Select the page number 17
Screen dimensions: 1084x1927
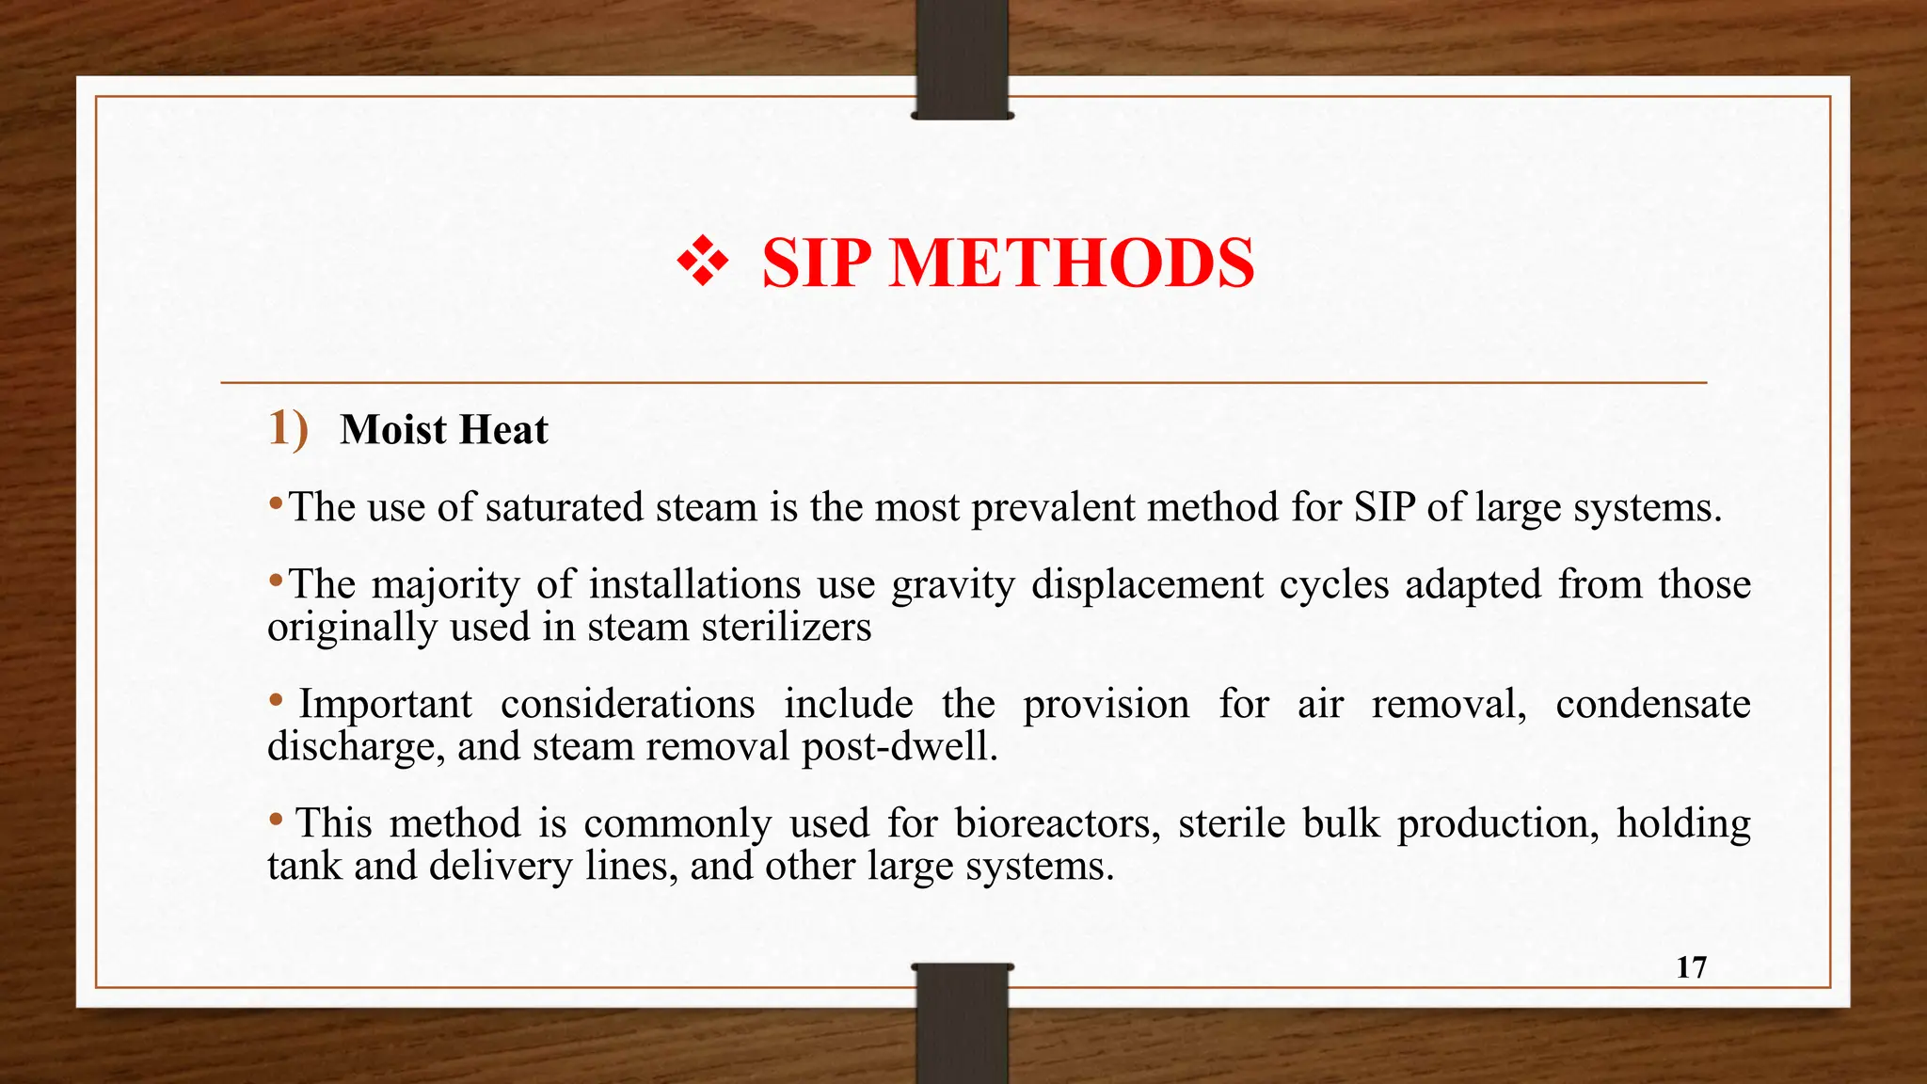pos(1691,967)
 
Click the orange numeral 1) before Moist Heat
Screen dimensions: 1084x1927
pos(288,429)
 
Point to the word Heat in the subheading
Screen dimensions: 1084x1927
pos(503,430)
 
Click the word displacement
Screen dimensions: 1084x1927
pos(1147,584)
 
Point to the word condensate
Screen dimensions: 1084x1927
pos(1652,704)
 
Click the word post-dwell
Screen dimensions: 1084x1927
pos(899,746)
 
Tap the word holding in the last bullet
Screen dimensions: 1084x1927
pos(1683,823)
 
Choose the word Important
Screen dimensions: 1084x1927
pos(386,704)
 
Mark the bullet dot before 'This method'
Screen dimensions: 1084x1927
pos(276,820)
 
